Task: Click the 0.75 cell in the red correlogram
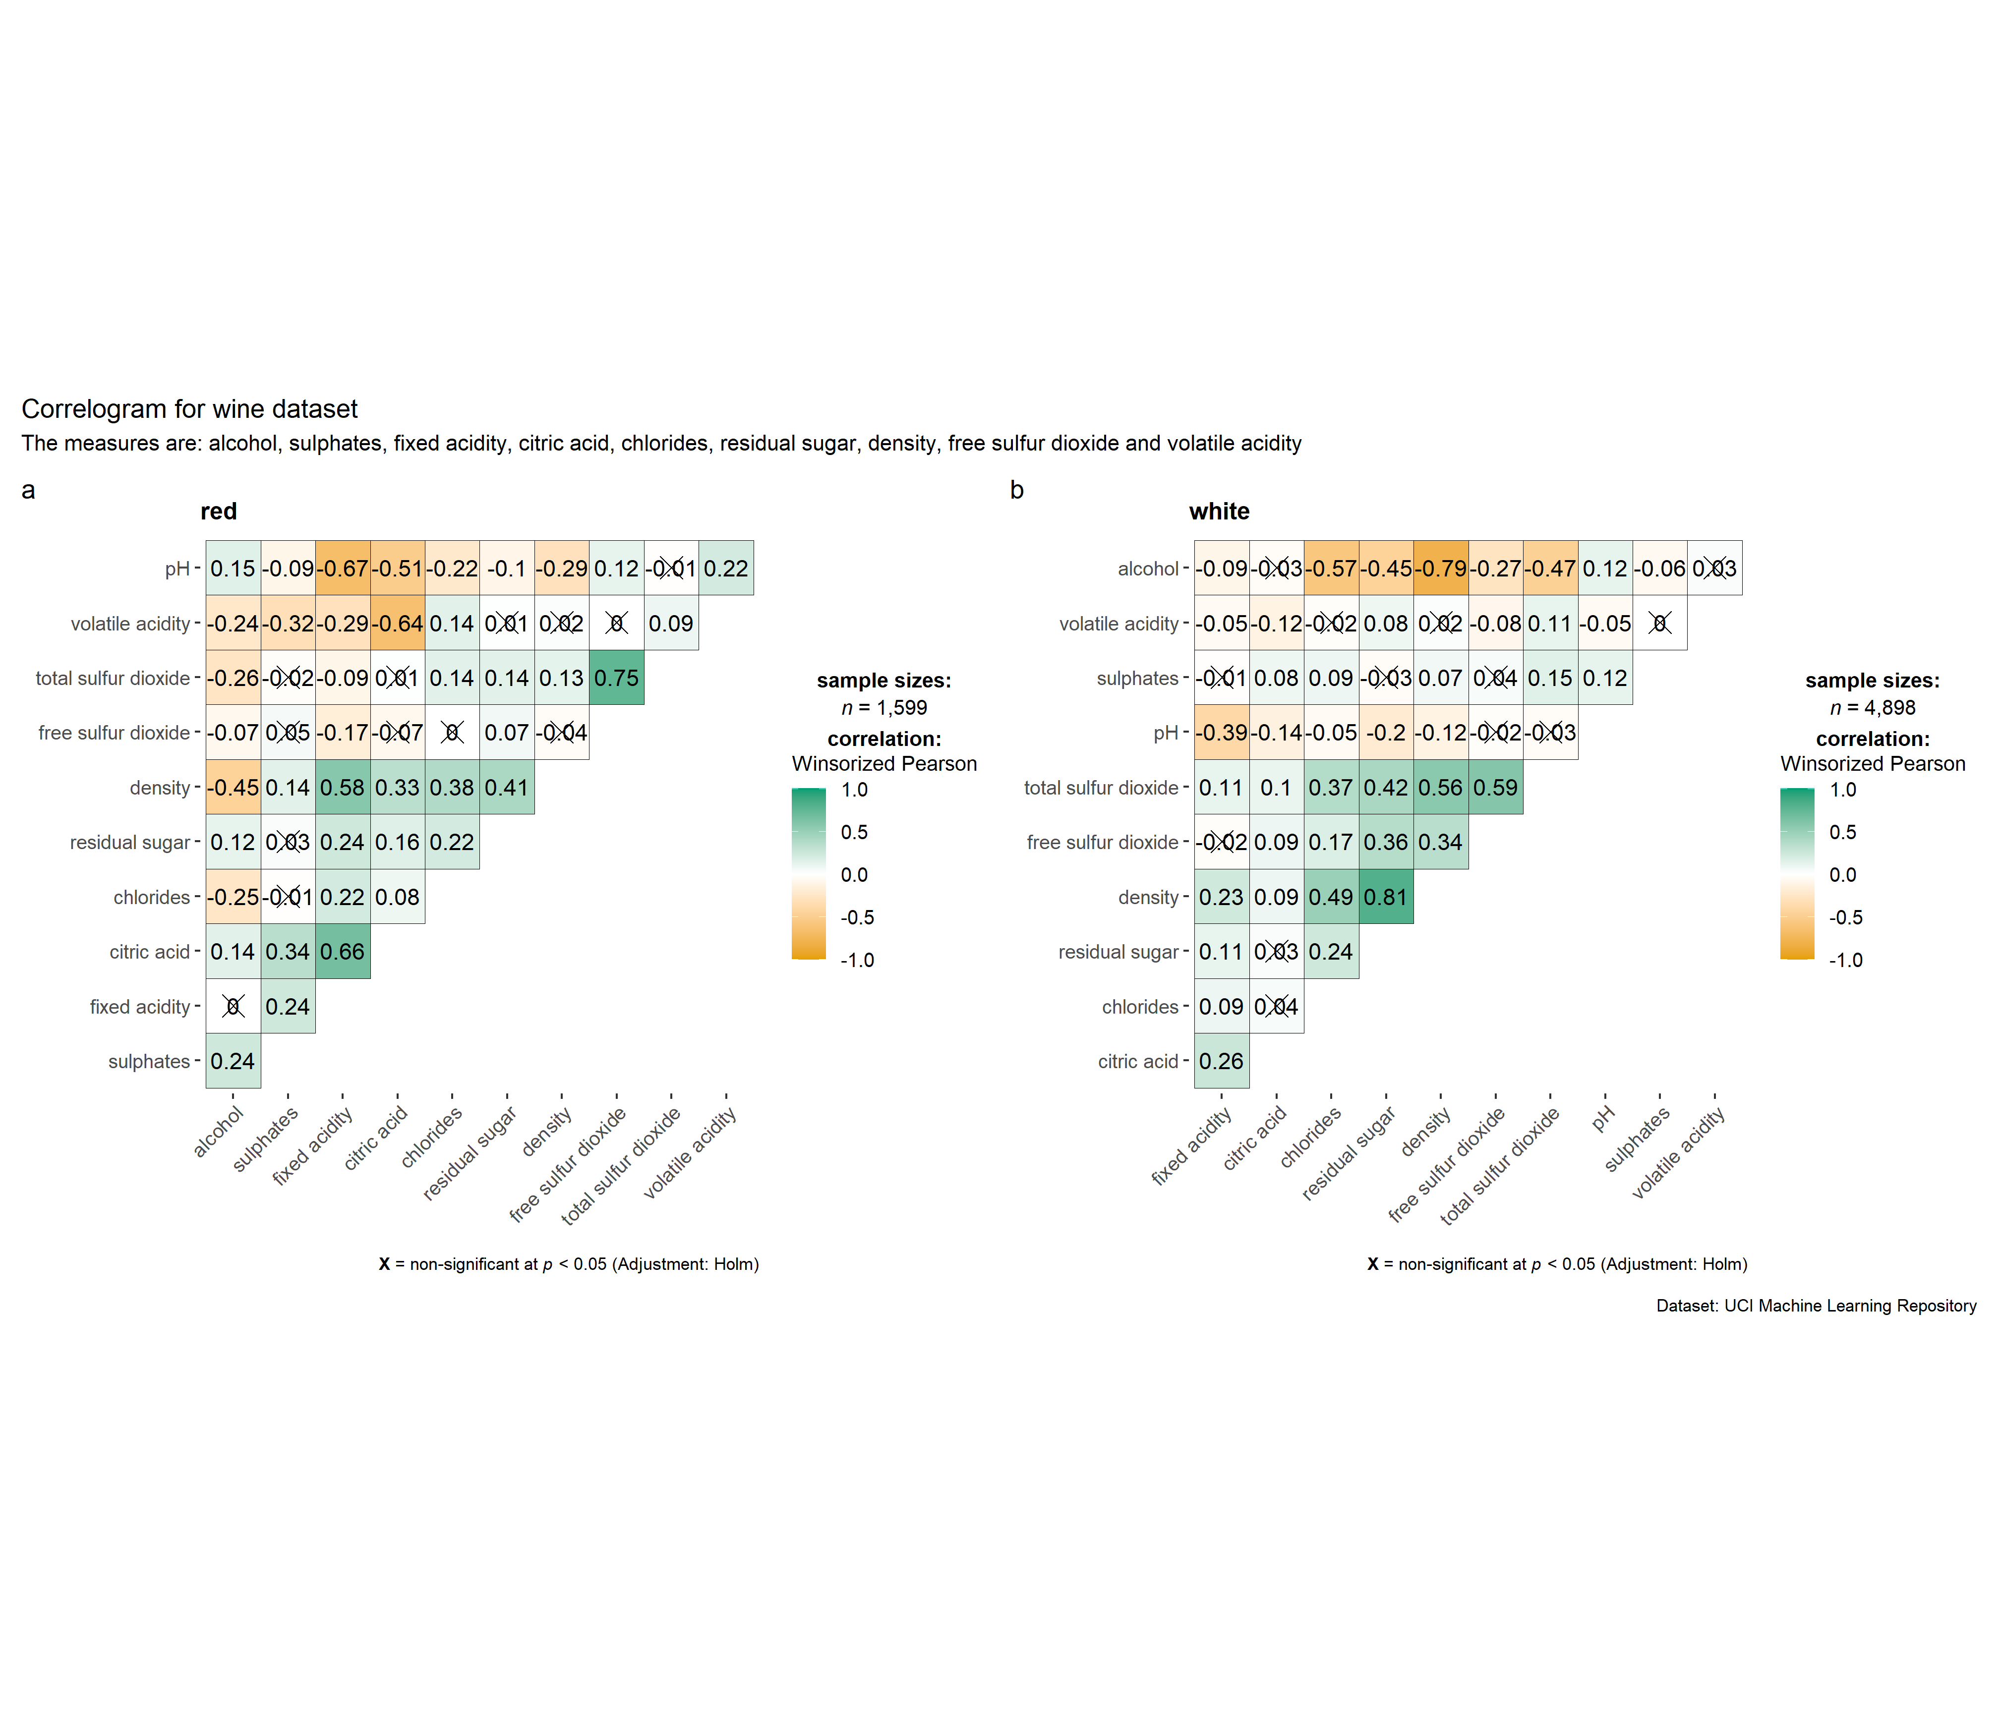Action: pos(616,678)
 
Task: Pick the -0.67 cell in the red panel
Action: pos(343,568)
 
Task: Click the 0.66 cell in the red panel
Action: pos(343,952)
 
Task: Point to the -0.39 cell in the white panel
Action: pos(1222,733)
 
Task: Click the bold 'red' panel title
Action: pos(219,511)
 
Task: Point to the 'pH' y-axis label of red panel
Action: pos(177,569)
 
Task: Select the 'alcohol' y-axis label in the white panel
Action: pos(1148,569)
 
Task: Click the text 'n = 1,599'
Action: pos(883,708)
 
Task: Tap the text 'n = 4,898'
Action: pos(1873,708)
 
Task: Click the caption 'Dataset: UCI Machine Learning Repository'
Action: pos(1816,1306)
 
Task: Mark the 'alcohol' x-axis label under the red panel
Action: pos(219,1131)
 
